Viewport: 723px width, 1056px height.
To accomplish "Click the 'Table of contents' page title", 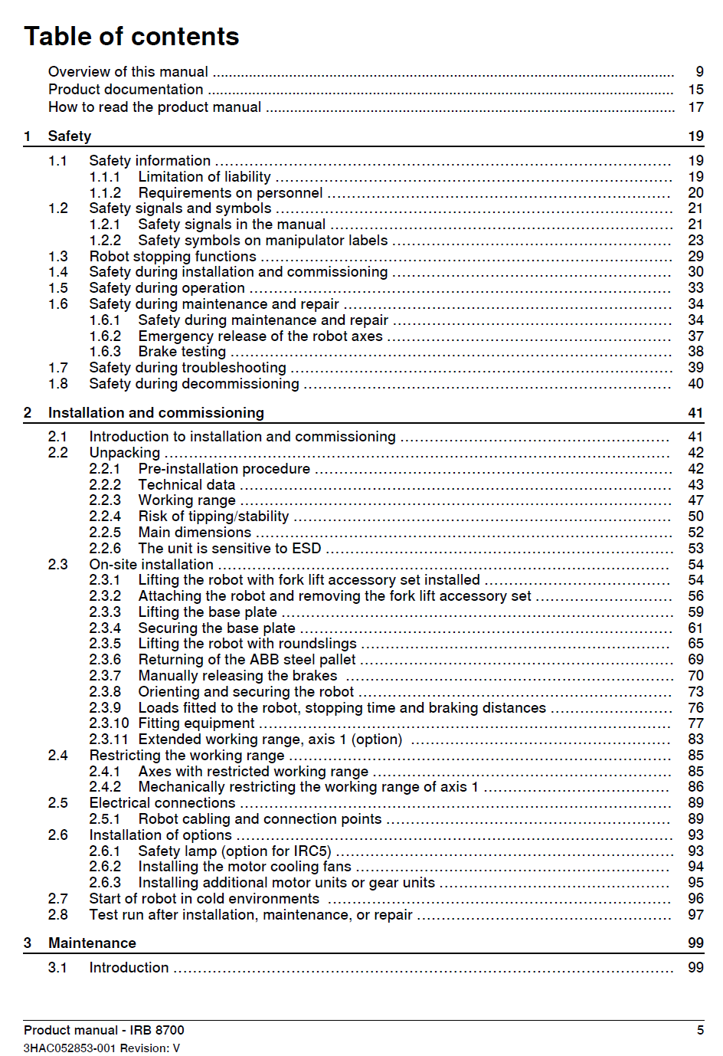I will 131,36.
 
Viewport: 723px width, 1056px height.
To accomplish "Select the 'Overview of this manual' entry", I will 128,71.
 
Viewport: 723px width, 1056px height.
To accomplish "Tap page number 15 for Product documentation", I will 695,90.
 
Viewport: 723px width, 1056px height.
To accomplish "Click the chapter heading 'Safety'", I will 70,136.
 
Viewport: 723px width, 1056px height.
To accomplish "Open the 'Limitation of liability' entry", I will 204,177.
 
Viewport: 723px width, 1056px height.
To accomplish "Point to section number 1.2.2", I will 105,241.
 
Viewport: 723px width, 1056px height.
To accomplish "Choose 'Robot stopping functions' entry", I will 172,257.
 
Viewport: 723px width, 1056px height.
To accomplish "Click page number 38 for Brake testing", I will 695,352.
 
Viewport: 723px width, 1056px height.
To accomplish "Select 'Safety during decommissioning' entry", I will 194,384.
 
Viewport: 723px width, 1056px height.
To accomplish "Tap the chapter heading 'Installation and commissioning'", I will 155,413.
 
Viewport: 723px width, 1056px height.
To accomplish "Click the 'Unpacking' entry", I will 124,453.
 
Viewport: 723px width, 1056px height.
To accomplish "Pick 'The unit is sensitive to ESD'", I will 229,549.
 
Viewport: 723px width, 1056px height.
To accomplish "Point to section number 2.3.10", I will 109,723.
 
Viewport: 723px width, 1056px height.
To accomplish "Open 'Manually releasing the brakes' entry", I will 237,676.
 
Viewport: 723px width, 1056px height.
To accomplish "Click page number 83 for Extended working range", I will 695,740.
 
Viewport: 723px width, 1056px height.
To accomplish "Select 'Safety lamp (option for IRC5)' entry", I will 234,851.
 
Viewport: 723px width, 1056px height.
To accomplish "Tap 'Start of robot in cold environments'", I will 204,899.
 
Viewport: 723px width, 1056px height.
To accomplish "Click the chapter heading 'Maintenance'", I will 92,943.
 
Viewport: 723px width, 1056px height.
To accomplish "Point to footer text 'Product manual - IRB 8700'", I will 104,1030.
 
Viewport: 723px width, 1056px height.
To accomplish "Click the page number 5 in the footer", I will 700,1030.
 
